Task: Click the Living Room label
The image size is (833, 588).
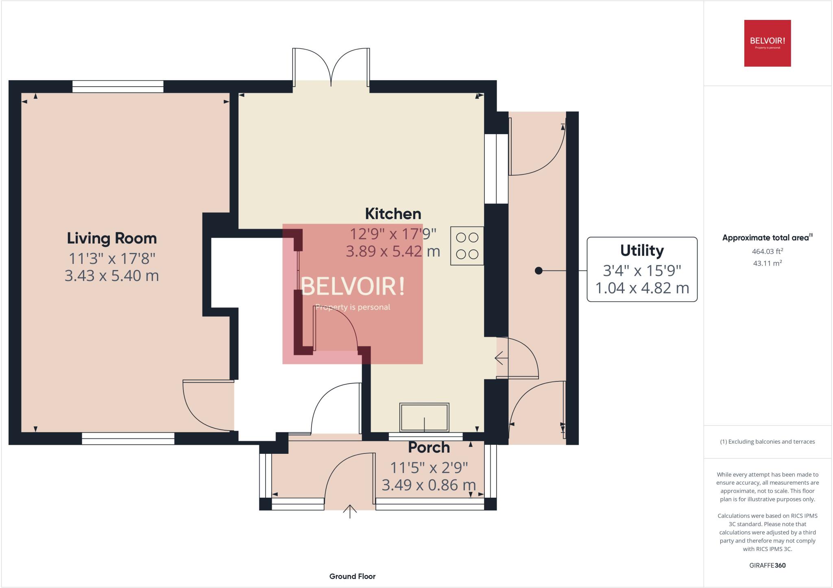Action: tap(111, 238)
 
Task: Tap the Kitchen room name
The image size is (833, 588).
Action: tap(393, 213)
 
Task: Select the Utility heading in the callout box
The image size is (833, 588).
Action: tap(641, 250)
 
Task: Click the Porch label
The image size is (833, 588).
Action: tap(429, 447)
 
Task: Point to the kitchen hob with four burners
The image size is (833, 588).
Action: tap(467, 246)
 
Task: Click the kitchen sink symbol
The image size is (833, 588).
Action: tap(424, 418)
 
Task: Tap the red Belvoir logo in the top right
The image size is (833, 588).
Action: tap(767, 43)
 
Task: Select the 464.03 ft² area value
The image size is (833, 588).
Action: tap(767, 251)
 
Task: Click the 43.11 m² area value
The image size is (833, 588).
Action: tap(767, 263)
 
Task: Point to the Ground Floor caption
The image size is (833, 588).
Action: tap(352, 576)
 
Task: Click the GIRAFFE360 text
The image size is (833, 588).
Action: tap(767, 565)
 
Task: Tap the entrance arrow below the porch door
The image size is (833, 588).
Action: tap(350, 511)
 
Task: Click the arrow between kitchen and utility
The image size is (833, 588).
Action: tap(501, 358)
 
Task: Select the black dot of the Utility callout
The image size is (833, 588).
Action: tap(539, 270)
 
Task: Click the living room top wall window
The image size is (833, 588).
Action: tap(118, 86)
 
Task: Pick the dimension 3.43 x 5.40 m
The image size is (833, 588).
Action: tap(111, 276)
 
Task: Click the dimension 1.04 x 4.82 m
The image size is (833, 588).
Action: tap(642, 288)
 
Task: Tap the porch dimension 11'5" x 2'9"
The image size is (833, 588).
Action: tap(429, 468)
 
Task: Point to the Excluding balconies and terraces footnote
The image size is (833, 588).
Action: tap(767, 442)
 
